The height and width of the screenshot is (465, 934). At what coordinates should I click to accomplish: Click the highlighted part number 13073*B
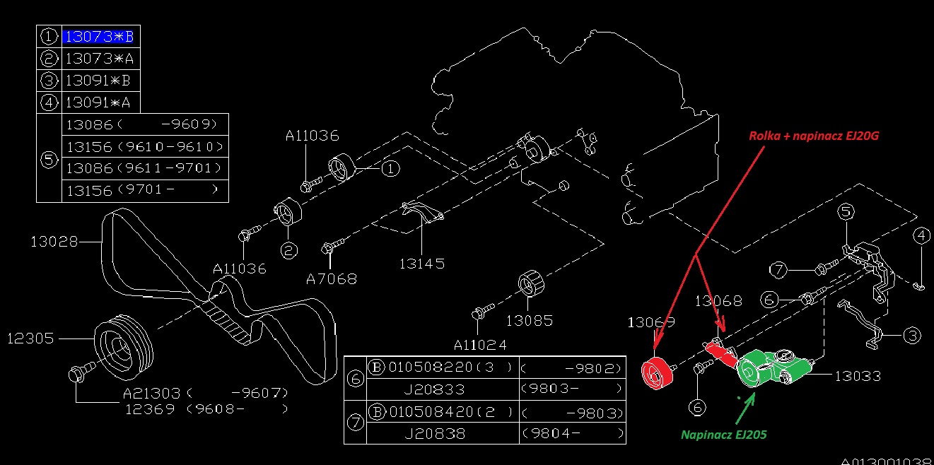(98, 36)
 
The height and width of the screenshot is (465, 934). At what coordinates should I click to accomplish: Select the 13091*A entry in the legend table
(98, 103)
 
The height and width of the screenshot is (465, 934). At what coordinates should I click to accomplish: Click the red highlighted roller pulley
(657, 374)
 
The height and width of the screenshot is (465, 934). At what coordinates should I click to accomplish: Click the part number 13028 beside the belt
(54, 242)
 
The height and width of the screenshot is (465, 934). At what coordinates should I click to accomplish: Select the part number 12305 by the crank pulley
(30, 339)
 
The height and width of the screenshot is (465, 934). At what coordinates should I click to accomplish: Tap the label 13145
(421, 264)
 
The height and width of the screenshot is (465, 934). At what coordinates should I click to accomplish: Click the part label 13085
(530, 320)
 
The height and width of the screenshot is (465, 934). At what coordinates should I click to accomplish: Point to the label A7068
(331, 279)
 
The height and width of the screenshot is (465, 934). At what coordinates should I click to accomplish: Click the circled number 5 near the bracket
(846, 211)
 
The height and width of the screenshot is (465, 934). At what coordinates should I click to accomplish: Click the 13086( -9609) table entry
(145, 125)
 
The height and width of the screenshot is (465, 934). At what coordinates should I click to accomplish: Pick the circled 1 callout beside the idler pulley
(390, 169)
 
